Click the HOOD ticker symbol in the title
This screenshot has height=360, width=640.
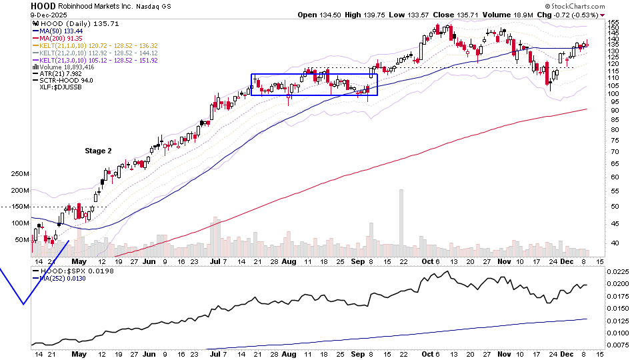[x=43, y=5]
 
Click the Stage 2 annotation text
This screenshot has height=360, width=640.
[x=98, y=151]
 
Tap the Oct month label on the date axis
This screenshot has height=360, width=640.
[x=427, y=262]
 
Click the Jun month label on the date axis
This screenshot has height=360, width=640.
[x=149, y=262]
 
